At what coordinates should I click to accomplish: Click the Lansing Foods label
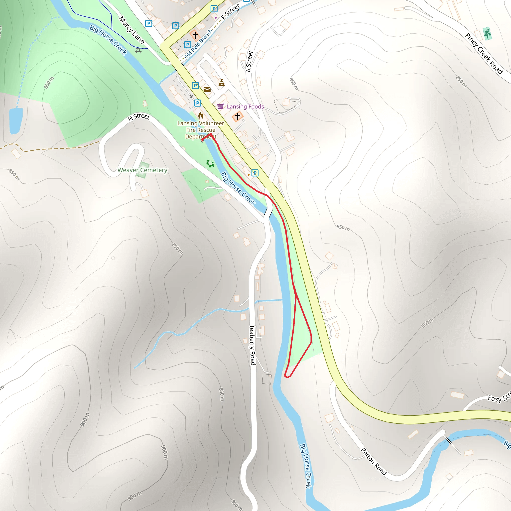coord(245,107)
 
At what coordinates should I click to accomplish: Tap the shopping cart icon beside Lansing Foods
coord(221,106)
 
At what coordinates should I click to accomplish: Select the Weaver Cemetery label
coord(142,170)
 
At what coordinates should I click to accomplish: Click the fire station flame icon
coord(201,116)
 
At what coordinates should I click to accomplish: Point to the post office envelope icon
coord(207,89)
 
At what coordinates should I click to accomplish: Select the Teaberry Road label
coord(252,345)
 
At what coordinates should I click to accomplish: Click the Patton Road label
coord(374,461)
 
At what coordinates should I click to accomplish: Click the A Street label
coord(250,61)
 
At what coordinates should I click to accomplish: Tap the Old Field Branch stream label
coord(198,44)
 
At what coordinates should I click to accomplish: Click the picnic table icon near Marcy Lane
coord(138,51)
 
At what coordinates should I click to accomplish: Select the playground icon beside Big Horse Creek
coord(210,164)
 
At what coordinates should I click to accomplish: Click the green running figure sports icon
coord(487,34)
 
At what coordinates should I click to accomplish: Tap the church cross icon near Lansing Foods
coord(238,116)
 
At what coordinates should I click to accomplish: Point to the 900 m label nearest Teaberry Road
coord(164,452)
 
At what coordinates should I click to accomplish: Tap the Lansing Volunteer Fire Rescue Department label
coord(201,130)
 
